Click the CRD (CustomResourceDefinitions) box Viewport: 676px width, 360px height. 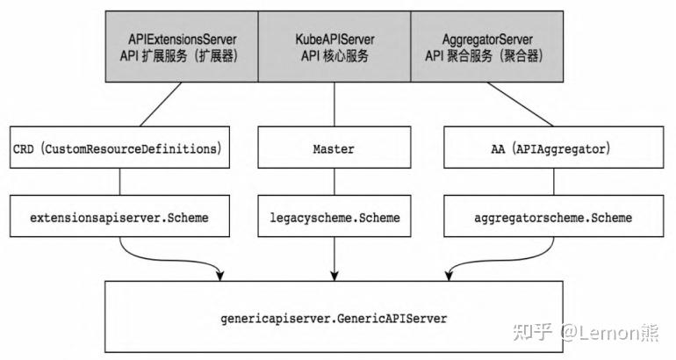[120, 149]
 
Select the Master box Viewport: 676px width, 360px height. [334, 149]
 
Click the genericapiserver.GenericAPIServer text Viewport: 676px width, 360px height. [334, 319]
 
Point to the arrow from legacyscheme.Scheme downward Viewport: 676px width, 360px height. [334, 259]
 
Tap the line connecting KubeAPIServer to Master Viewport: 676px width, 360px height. [334, 105]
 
